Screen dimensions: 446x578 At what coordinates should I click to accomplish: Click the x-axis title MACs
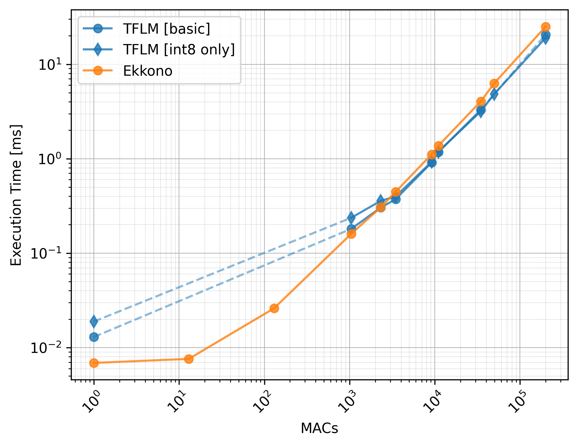[x=319, y=428]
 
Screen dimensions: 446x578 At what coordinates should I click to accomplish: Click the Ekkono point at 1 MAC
[x=94, y=363]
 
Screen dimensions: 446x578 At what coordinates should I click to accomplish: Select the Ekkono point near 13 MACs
[x=189, y=359]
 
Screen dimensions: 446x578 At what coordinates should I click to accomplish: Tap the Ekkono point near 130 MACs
[x=274, y=308]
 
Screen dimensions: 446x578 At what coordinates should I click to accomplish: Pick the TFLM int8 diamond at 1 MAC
[x=94, y=322]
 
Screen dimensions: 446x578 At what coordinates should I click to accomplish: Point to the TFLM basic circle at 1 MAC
[x=94, y=337]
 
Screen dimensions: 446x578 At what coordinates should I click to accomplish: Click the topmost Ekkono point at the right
[x=546, y=27]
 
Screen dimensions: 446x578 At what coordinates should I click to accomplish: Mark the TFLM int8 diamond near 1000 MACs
[x=351, y=218]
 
